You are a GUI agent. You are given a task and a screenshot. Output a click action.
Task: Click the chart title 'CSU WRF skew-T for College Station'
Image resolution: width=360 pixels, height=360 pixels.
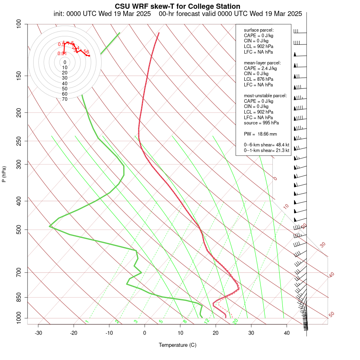[178, 6]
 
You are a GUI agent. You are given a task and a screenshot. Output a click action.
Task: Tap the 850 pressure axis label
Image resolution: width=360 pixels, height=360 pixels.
[19, 298]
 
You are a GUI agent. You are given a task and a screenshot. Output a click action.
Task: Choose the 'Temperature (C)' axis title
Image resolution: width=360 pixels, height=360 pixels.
[178, 345]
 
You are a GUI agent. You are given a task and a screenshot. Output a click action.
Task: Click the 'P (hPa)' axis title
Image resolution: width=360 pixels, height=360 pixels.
[4, 174]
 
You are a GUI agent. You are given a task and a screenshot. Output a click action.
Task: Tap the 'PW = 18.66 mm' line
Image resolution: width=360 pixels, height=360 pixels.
[260, 134]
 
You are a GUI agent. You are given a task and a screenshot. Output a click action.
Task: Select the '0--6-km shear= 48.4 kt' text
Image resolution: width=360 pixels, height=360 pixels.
[267, 145]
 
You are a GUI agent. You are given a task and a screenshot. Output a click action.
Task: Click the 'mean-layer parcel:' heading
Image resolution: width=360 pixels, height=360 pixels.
[262, 63]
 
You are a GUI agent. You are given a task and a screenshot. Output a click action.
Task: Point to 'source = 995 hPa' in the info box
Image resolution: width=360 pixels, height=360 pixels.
[261, 123]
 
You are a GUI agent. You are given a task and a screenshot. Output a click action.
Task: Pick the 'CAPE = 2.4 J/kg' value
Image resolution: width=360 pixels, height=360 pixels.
[260, 68]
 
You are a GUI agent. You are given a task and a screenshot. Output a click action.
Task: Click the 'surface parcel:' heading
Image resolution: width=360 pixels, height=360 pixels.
[259, 30]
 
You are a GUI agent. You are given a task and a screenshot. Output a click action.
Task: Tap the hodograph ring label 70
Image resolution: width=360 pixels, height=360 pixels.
[65, 99]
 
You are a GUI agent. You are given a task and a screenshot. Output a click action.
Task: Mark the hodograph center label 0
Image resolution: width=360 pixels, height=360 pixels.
[65, 62]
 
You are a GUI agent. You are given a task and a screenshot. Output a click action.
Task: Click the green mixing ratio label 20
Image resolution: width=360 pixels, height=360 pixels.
[236, 321]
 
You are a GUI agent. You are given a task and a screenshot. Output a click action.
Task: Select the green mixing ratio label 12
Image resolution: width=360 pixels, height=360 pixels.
[207, 321]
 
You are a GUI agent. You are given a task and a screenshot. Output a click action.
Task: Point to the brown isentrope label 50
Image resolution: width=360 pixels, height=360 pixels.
[331, 315]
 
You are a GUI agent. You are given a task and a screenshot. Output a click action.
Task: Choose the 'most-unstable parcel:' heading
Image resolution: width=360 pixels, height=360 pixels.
[265, 96]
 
